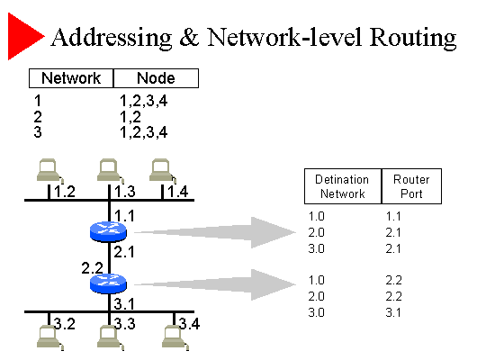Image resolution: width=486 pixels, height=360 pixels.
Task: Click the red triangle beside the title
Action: [23, 36]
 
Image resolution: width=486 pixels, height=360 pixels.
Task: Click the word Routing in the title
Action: [413, 39]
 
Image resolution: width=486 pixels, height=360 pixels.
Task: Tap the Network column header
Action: [71, 78]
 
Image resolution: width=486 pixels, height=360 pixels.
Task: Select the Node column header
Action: [156, 78]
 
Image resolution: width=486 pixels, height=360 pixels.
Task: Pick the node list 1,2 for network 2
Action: [130, 117]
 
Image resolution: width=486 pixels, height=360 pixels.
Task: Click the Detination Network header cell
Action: [343, 186]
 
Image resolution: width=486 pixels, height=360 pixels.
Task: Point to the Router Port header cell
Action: [411, 186]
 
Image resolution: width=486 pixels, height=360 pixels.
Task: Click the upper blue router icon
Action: [108, 231]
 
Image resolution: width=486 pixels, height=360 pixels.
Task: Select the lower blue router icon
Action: [108, 283]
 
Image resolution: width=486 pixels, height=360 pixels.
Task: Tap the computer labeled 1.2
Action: [49, 170]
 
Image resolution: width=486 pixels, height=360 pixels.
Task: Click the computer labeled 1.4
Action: [162, 170]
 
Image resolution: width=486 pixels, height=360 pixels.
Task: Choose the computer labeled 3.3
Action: [111, 337]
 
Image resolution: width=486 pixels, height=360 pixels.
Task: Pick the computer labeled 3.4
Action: [175, 337]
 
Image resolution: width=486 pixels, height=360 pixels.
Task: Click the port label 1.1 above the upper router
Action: [124, 216]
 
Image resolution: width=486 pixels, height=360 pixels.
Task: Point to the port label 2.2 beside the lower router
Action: [92, 268]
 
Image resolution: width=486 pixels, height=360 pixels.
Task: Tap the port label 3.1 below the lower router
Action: [124, 304]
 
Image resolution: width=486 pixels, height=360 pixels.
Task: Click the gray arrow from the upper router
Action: [215, 232]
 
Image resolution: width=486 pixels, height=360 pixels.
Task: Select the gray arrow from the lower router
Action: [215, 284]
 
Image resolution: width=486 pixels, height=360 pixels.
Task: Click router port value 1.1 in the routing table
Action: [393, 216]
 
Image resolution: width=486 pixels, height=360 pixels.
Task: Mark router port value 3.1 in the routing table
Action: [393, 312]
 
